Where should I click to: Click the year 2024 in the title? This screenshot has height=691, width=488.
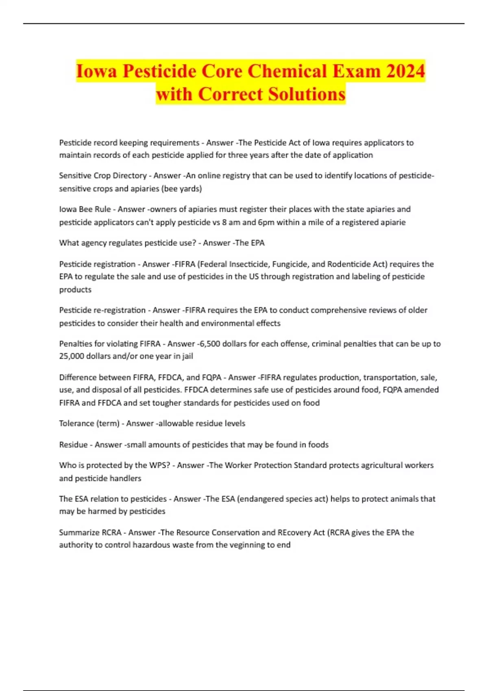tap(405, 71)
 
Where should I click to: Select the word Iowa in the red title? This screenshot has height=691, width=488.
tap(96, 71)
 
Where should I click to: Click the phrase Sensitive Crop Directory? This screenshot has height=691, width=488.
tap(103, 176)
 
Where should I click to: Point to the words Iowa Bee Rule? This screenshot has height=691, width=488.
tap(85, 209)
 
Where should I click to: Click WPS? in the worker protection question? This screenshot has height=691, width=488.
tap(159, 465)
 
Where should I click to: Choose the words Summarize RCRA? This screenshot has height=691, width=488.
tap(90, 532)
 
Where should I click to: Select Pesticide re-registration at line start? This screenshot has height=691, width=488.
tap(102, 310)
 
